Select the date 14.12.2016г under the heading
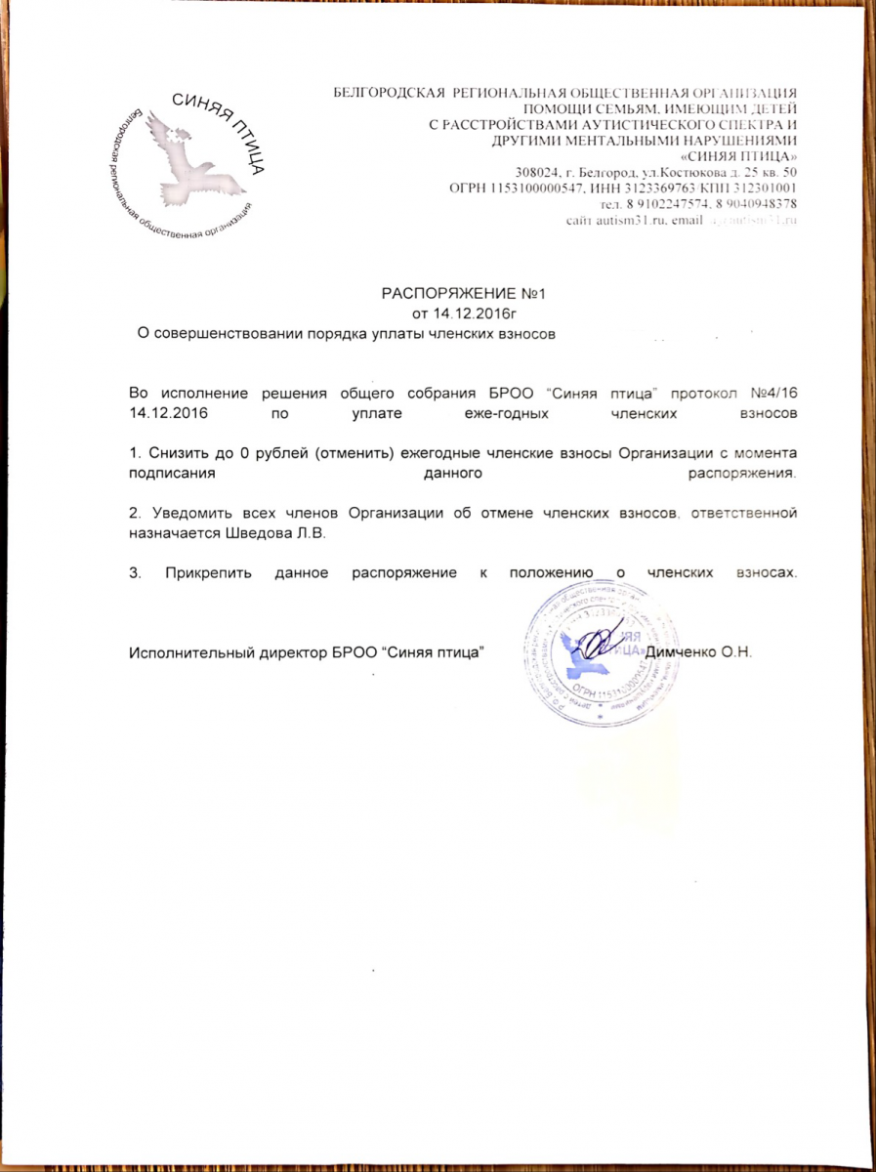[x=458, y=314]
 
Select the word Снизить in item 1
[x=179, y=455]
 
